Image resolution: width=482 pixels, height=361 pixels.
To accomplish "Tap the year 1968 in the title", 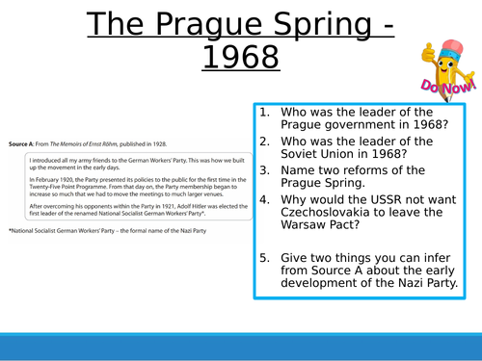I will click(241, 59).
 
